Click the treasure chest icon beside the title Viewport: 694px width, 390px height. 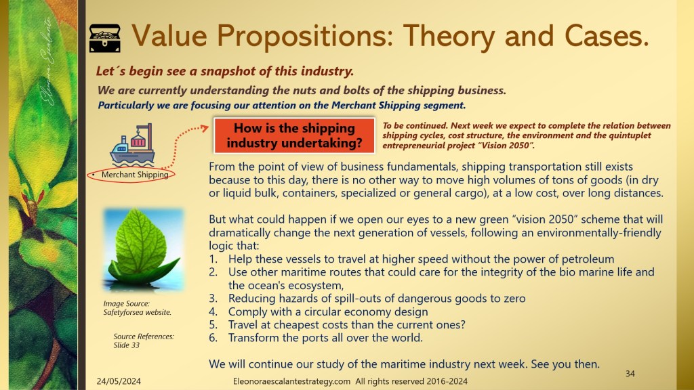pyautogui.click(x=105, y=39)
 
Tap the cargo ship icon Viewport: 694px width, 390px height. pyautogui.click(x=132, y=145)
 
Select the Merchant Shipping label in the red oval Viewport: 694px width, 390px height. pyautogui.click(x=135, y=175)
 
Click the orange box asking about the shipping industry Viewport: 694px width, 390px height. pyautogui.click(x=294, y=135)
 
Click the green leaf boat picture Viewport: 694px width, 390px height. pyautogui.click(x=143, y=250)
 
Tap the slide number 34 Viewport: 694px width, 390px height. pyautogui.click(x=630, y=374)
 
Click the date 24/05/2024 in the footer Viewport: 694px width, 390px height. pyautogui.click(x=119, y=381)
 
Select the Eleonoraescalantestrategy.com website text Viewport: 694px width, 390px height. pyautogui.click(x=291, y=381)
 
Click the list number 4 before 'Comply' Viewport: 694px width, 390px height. pyautogui.click(x=213, y=311)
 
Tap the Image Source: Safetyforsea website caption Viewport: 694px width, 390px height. pyautogui.click(x=137, y=308)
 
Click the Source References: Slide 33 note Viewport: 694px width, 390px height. pyautogui.click(x=144, y=341)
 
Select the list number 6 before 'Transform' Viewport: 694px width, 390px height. pyautogui.click(x=213, y=338)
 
